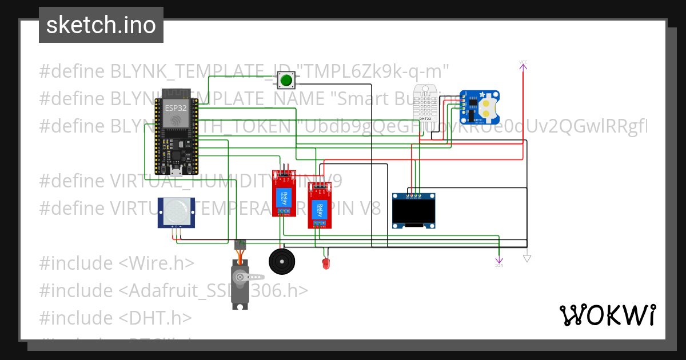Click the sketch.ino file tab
(x=101, y=25)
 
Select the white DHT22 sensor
(x=430, y=103)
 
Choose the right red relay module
(x=319, y=206)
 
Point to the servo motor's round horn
(x=240, y=277)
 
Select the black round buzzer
(x=282, y=262)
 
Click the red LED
(x=326, y=263)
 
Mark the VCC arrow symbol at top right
(x=523, y=66)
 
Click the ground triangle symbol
(x=527, y=258)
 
